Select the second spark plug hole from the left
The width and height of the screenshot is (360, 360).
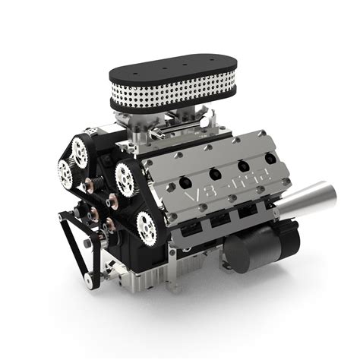point(215,174)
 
